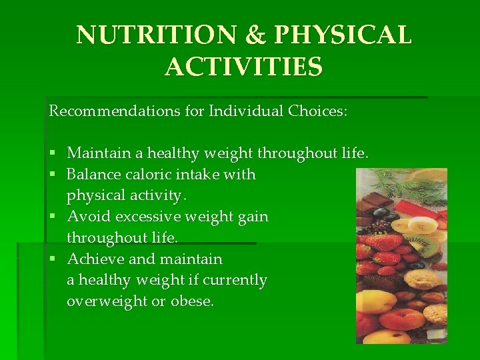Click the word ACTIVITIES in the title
click(x=244, y=67)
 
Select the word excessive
click(x=146, y=217)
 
